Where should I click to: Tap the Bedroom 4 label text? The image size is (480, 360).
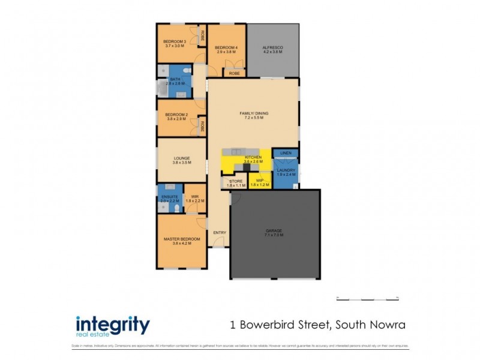[x=227, y=50]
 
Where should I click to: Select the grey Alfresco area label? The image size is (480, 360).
[x=272, y=50]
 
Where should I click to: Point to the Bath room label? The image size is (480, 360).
[x=175, y=82]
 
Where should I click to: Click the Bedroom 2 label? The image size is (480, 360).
[x=177, y=116]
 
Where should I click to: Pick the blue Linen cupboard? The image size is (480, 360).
[x=286, y=154]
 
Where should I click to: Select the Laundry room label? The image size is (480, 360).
[x=286, y=173]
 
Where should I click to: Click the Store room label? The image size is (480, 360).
[x=236, y=182]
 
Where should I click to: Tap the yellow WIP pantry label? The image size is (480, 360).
[x=260, y=182]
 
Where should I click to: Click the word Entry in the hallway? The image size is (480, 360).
[x=219, y=233]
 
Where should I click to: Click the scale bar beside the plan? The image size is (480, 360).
[x=368, y=298]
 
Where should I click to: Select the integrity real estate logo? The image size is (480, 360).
[x=112, y=326]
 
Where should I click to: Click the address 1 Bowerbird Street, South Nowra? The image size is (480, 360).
[x=318, y=325]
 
